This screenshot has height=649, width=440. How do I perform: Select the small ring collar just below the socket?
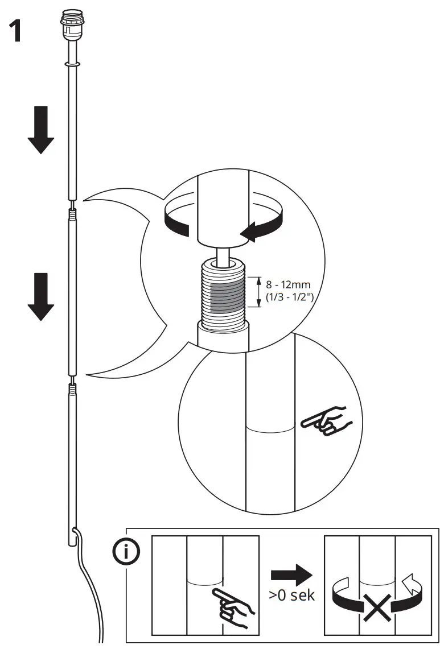72,65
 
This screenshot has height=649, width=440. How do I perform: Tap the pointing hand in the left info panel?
231,606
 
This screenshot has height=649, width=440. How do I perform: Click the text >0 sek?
291,597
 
